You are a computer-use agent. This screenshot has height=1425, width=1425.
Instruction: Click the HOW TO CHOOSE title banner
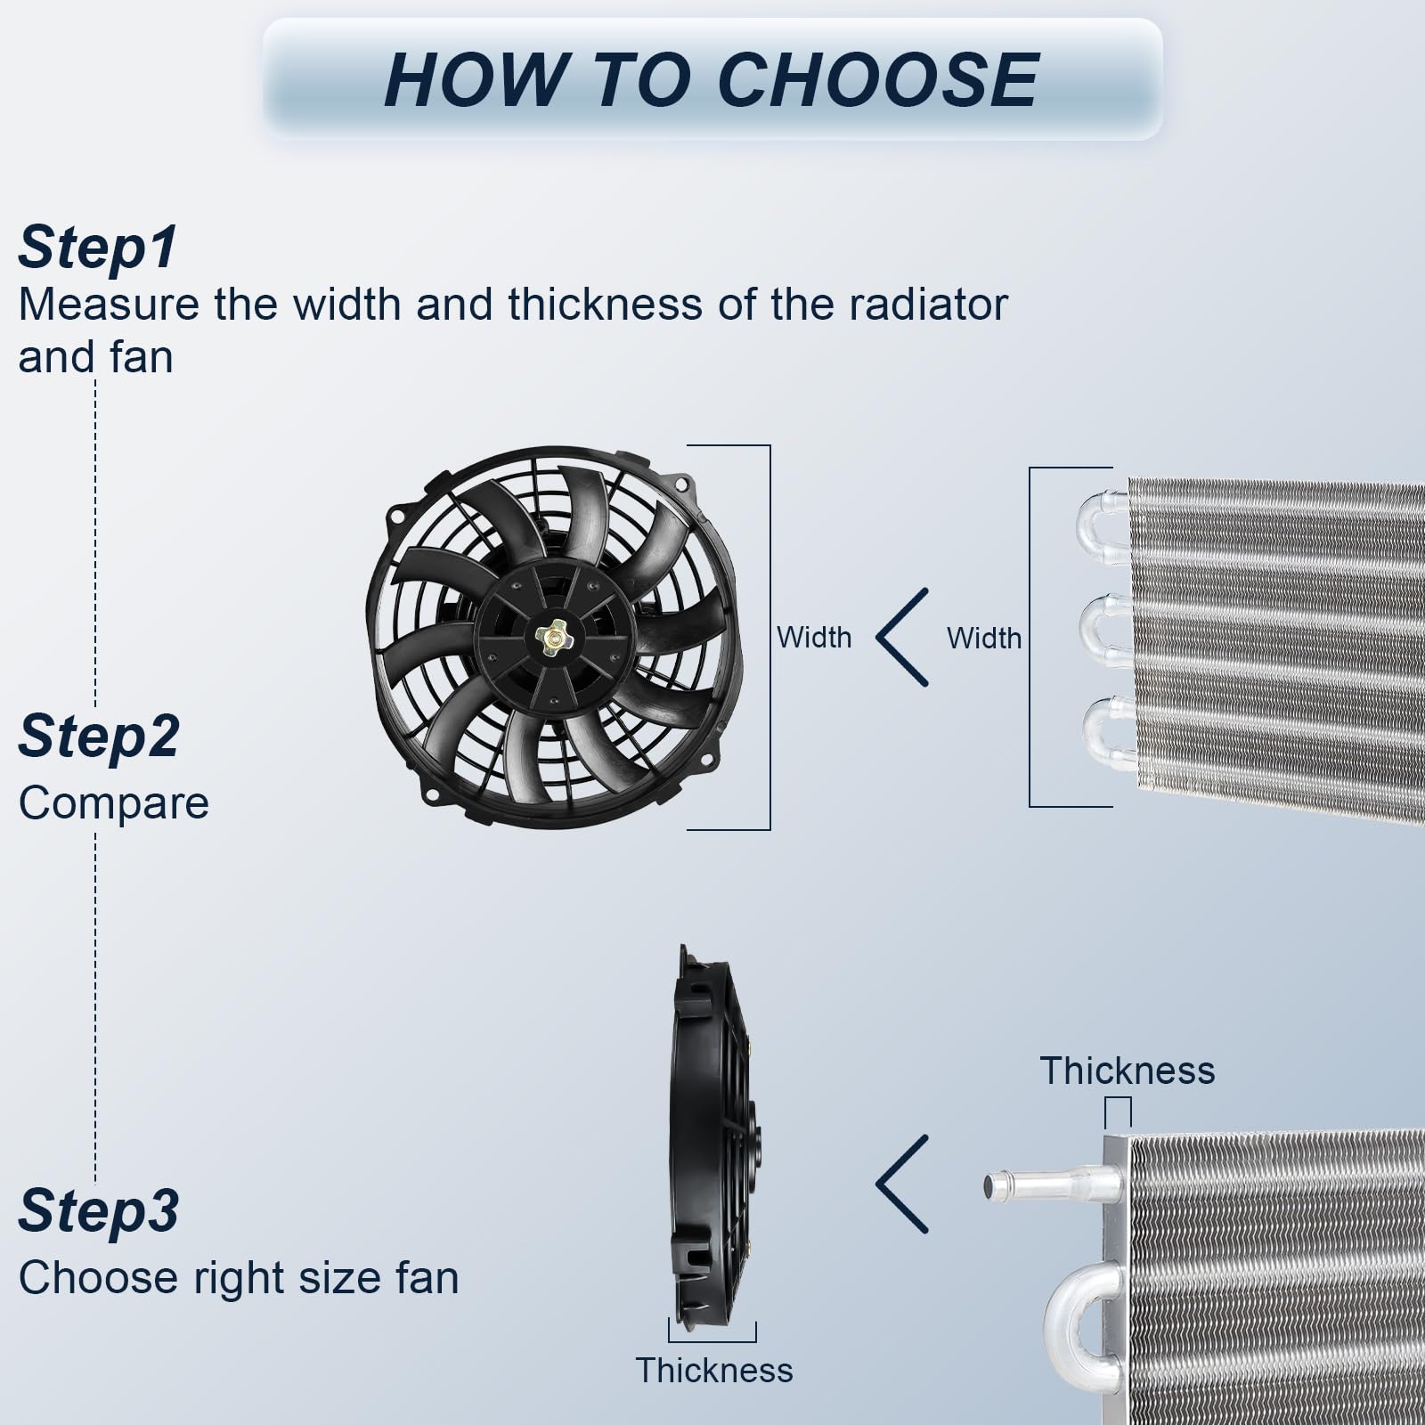[x=712, y=79]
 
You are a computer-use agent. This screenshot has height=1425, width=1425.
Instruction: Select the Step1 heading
[x=98, y=247]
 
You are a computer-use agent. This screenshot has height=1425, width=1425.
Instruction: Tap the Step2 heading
[x=99, y=737]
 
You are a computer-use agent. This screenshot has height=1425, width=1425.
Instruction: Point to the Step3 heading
[x=99, y=1211]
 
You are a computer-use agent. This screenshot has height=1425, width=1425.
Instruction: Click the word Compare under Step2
[x=114, y=803]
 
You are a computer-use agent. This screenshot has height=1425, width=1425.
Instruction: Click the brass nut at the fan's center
[x=552, y=638]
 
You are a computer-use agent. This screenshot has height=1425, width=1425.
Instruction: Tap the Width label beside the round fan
[x=814, y=638]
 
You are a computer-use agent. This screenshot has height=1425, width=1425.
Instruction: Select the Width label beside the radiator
[x=984, y=639]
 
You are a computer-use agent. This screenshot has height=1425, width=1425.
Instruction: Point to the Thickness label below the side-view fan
[x=714, y=1370]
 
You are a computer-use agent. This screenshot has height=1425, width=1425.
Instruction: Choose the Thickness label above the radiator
[x=1128, y=1071]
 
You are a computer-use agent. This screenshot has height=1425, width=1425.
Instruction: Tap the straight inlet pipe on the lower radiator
[x=1051, y=1186]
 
